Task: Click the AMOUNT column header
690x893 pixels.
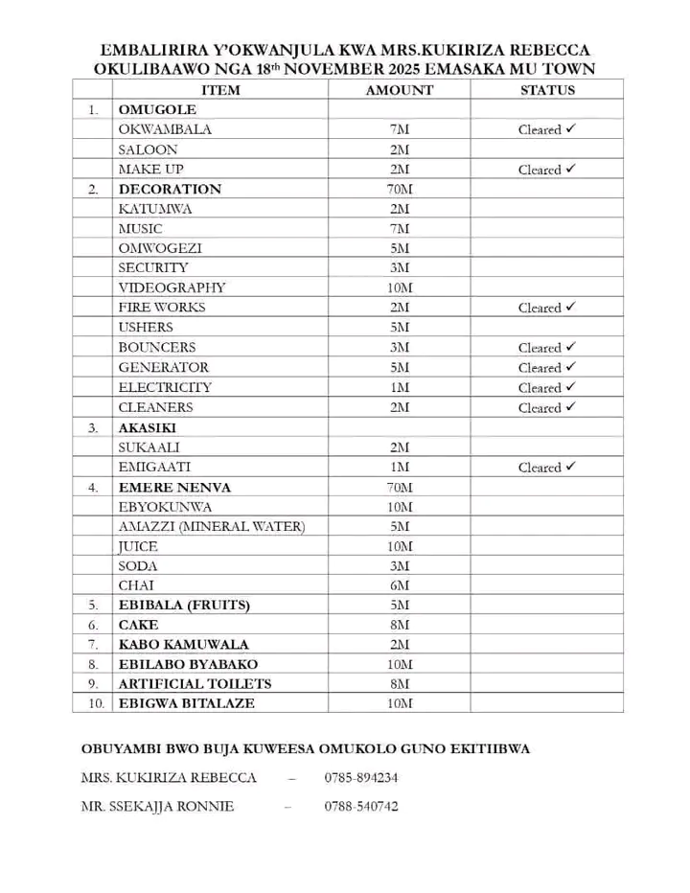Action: click(400, 90)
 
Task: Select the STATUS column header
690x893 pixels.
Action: click(547, 90)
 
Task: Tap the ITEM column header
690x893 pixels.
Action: click(220, 90)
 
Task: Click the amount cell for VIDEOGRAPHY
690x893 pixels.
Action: click(400, 287)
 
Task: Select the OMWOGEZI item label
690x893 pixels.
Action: click(160, 248)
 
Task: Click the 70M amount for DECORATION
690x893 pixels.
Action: click(400, 189)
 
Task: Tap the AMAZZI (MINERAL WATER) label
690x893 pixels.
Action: click(211, 527)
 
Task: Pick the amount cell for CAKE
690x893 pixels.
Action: click(400, 626)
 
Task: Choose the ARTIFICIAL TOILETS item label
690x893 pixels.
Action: click(195, 684)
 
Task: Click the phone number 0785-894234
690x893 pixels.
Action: click(361, 778)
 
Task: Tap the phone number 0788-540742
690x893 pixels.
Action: click(361, 807)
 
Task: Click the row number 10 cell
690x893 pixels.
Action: click(93, 704)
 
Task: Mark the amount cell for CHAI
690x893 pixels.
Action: click(400, 585)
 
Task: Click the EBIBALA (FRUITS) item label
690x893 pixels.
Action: click(184, 606)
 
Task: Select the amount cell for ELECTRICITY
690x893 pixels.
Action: click(400, 387)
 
